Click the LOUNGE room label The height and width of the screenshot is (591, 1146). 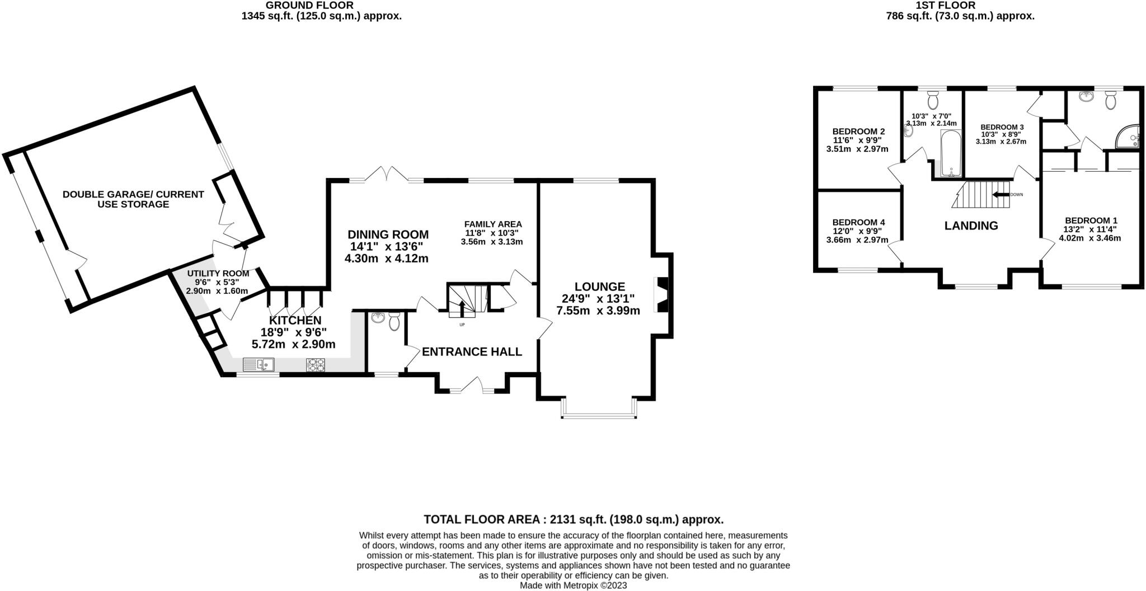[599, 287]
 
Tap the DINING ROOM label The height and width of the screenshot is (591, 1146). [388, 234]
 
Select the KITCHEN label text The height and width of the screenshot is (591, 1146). [295, 320]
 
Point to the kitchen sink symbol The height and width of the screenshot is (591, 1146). [259, 365]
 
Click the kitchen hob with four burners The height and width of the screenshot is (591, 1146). [316, 365]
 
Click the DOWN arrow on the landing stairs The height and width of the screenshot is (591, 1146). [1001, 194]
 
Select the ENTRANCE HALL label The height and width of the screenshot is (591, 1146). [472, 351]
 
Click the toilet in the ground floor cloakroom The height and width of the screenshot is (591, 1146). [394, 322]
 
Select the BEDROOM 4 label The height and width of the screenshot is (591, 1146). [858, 222]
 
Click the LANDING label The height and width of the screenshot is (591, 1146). [971, 226]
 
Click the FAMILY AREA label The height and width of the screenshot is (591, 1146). [493, 224]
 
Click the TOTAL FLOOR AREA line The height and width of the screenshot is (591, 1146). [574, 519]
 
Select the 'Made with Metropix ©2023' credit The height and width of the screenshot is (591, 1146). [574, 585]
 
